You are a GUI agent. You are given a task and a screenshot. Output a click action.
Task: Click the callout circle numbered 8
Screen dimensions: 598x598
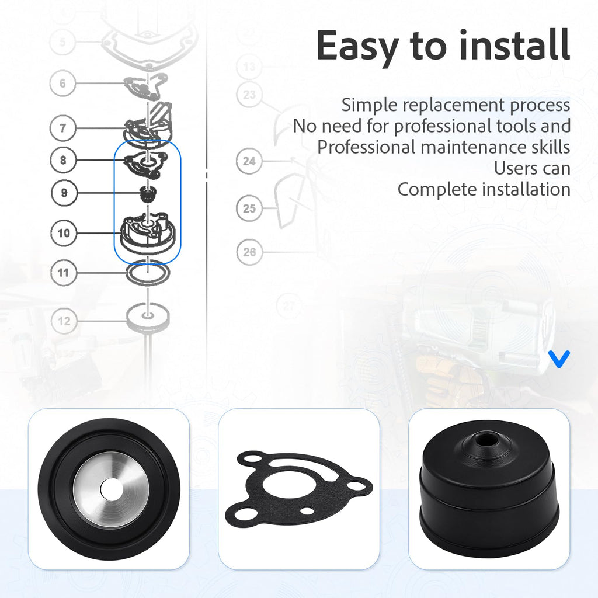pos(63,160)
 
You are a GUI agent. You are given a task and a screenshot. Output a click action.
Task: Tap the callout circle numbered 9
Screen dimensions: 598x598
pos(64,193)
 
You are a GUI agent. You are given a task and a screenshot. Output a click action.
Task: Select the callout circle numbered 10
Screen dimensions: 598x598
pos(64,232)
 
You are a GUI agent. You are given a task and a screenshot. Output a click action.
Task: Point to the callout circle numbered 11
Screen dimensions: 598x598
pos(63,273)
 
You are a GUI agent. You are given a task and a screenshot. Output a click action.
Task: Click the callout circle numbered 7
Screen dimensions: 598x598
pos(63,128)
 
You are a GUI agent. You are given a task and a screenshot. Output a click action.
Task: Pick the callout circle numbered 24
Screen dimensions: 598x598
pos(249,161)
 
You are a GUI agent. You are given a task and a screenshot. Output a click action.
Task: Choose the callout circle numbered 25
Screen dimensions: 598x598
pos(249,208)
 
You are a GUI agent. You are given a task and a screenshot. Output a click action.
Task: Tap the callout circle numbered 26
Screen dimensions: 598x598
pos(249,252)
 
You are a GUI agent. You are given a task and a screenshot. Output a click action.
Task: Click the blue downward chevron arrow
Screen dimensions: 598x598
pos(559,359)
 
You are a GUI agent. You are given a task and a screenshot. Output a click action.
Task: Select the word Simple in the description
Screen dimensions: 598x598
pos(369,105)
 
